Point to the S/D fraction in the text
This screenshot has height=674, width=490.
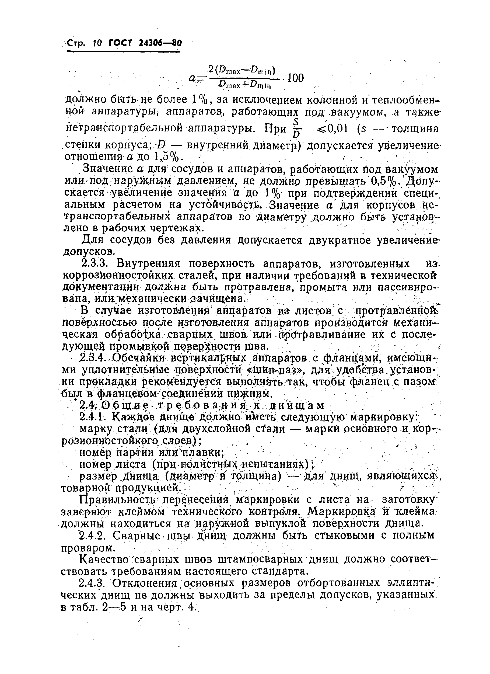coord(296,128)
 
